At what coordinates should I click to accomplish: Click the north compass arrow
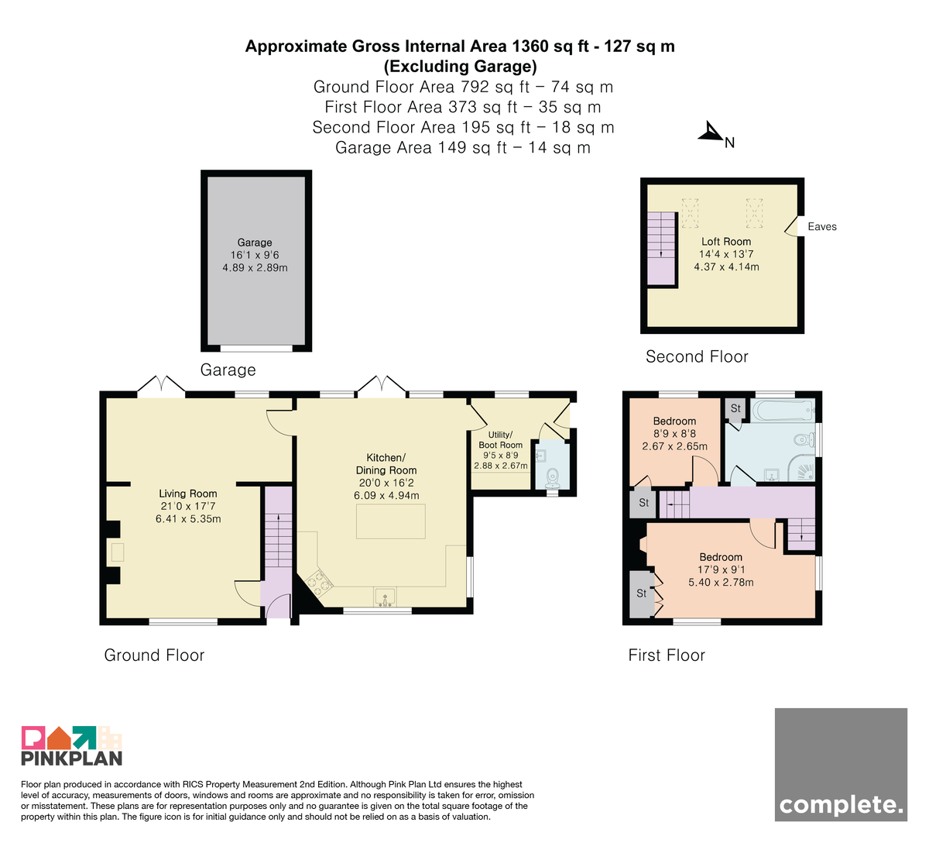pos(711,132)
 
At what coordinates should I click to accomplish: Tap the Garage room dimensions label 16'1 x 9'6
pos(255,255)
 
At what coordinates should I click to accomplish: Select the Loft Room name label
pos(725,242)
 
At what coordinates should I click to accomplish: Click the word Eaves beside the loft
pos(822,227)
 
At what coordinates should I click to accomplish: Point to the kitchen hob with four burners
pos(318,582)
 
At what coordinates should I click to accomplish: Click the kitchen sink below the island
pos(385,597)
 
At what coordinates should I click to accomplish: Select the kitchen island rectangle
pos(390,521)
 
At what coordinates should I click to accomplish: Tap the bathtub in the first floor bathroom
pos(783,411)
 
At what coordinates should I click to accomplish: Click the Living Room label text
pos(188,494)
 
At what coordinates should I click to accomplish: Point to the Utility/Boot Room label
pos(501,439)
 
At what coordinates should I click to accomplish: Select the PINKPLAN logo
pos(72,745)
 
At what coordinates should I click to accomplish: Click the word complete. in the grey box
pos(841,806)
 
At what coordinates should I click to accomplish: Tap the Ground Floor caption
pos(154,655)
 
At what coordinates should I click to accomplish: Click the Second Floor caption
pos(697,356)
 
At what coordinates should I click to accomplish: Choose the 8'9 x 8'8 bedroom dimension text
pos(674,434)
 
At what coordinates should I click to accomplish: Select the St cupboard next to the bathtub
pos(735,410)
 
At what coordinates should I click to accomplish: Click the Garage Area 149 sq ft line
pos(463,147)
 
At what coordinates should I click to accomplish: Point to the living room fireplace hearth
pos(118,552)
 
